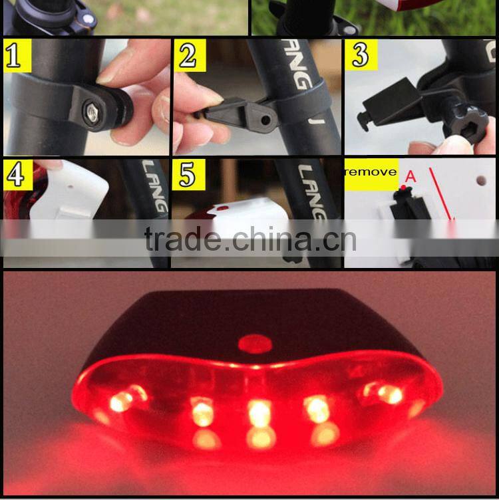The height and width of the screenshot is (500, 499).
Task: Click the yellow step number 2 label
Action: point(188,55)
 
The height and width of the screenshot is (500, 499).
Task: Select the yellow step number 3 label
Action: point(360,55)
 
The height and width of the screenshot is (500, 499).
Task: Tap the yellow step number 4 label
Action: point(15,174)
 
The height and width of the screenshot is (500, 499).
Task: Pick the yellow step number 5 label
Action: point(188,174)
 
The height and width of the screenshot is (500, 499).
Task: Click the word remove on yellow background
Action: point(371,172)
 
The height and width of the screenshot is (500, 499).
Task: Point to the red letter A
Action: point(411,176)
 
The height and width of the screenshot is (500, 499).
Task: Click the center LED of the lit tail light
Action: point(259,414)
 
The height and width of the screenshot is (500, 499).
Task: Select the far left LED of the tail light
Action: point(122,401)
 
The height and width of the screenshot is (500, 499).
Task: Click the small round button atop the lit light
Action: point(254,343)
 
